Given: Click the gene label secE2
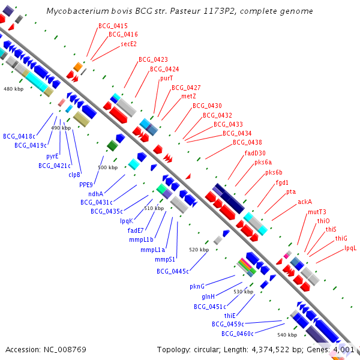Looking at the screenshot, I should point(128,44).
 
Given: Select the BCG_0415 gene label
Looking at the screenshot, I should point(113,26).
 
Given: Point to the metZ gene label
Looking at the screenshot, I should point(188,96).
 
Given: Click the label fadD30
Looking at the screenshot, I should point(255,153).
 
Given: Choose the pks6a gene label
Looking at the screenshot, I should point(263,162).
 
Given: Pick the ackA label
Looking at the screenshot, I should point(305,202).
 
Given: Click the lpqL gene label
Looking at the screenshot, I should point(350,248).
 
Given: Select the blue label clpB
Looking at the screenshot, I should point(74,175).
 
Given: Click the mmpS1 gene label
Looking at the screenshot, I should point(165,260).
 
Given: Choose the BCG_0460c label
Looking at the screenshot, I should point(237,334).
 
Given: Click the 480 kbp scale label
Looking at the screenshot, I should point(13,89).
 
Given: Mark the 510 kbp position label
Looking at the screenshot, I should point(154,208).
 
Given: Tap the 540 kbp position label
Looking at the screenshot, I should point(287,335).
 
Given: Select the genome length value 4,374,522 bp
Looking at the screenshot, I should point(278,349).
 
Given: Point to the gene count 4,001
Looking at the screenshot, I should point(344,349).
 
